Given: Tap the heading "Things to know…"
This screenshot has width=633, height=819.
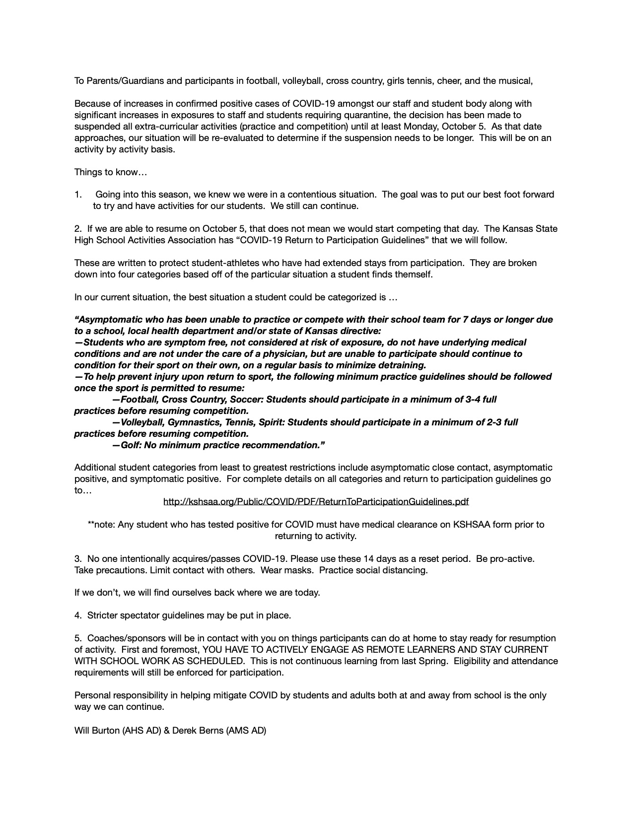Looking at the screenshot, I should pos(111,172).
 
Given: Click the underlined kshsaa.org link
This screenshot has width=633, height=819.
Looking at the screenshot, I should pos(316,502).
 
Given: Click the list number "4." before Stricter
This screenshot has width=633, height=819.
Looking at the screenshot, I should pos(78,615).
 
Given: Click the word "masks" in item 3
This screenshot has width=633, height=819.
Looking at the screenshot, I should pos(299,570).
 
